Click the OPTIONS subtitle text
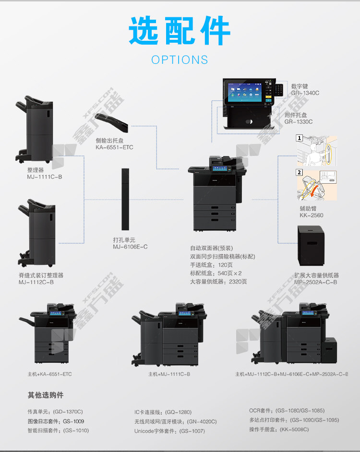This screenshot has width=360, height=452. [x=180, y=60]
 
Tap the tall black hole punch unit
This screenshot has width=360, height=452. [x=126, y=199]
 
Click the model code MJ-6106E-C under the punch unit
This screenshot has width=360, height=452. [x=130, y=247]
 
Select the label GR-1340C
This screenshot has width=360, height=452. [x=305, y=93]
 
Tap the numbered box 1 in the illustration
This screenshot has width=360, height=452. [x=299, y=138]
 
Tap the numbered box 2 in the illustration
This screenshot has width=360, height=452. [x=299, y=173]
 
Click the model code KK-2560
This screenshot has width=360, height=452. [x=311, y=215]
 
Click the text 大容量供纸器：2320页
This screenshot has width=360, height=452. [x=218, y=282]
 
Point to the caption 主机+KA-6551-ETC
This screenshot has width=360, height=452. [x=49, y=374]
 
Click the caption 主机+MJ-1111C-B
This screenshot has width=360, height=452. [x=169, y=374]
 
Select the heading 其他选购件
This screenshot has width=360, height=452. [x=45, y=395]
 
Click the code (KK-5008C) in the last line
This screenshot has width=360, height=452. [x=294, y=429]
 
